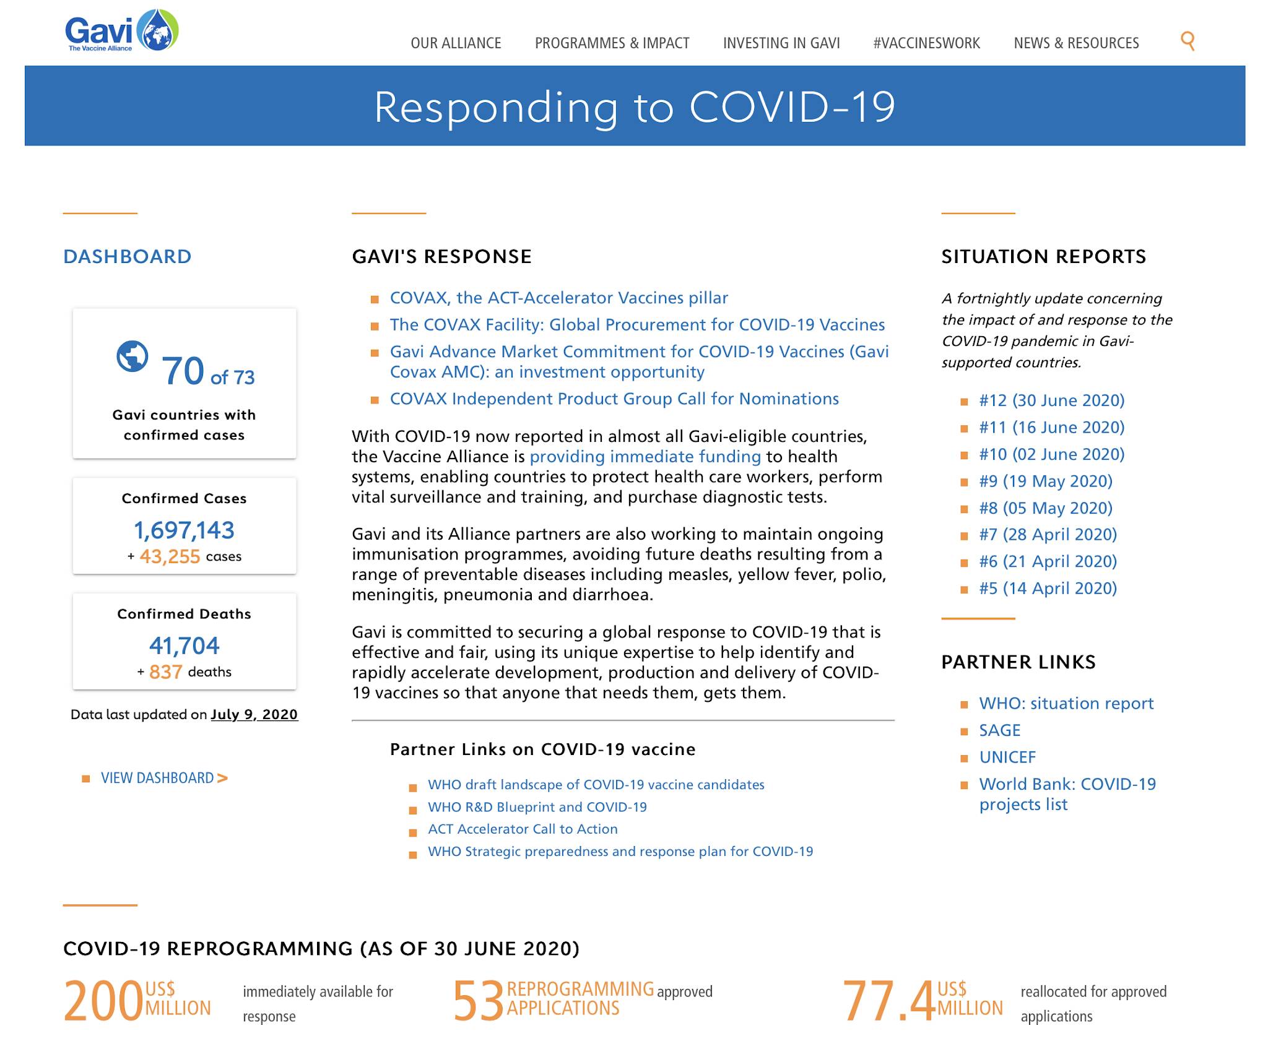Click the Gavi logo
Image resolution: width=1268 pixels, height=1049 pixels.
[x=122, y=31]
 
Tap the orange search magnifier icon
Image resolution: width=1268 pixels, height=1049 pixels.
[x=1188, y=41]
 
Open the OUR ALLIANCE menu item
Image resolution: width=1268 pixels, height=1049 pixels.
[x=456, y=43]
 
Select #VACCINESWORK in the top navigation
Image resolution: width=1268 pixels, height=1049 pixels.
[x=926, y=43]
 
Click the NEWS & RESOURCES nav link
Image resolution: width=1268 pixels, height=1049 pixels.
[x=1076, y=43]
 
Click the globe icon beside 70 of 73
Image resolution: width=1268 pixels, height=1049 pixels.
[x=132, y=356]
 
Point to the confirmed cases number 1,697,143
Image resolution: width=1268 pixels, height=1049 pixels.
[x=184, y=530]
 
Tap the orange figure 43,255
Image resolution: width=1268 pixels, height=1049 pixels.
[x=170, y=556]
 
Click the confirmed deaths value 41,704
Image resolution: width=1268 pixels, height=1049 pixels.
[x=184, y=646]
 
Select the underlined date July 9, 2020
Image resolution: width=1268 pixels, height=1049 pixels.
[x=254, y=715]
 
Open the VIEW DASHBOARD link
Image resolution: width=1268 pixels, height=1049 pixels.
[x=164, y=778]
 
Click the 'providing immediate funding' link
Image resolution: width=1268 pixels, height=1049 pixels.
[x=645, y=457]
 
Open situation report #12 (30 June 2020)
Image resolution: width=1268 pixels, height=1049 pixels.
[x=1051, y=400]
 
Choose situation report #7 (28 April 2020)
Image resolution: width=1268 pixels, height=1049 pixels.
[x=1048, y=535]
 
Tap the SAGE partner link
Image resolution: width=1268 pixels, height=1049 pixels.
[x=999, y=730]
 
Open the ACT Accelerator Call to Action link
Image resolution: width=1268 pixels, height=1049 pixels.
[x=523, y=829]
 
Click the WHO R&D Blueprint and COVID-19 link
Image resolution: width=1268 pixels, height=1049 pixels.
[x=537, y=807]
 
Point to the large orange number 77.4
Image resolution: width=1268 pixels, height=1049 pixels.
[x=888, y=1001]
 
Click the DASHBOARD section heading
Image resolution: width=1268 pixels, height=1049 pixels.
[x=128, y=257]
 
